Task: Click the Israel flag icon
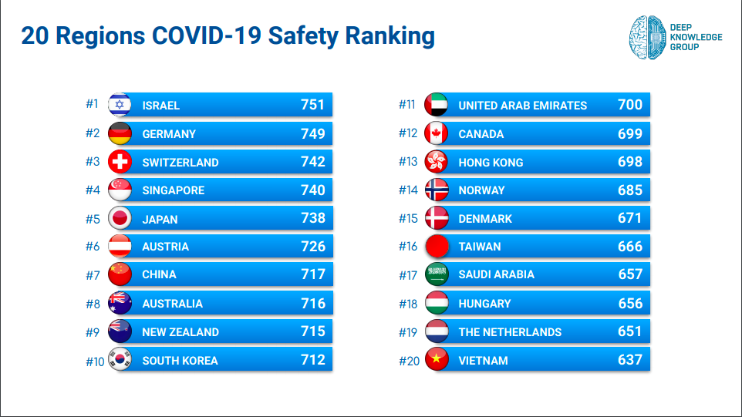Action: (120, 105)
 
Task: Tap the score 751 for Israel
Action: (313, 105)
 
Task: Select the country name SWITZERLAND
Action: (180, 162)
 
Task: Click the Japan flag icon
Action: (120, 219)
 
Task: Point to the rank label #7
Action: (93, 274)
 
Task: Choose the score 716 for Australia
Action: (313, 303)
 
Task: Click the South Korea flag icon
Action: (120, 360)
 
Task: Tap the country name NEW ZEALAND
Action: (180, 332)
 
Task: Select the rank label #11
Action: (407, 105)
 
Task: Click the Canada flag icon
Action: (437, 133)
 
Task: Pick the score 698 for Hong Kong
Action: (630, 162)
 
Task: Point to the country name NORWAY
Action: (481, 190)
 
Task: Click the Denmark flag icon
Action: (437, 218)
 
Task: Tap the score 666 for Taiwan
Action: (630, 247)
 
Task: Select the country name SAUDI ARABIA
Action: (496, 274)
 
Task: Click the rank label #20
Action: (408, 360)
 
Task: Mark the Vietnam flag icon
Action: (437, 360)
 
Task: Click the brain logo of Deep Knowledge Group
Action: (646, 36)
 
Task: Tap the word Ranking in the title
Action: (390, 36)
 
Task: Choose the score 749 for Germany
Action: (313, 133)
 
